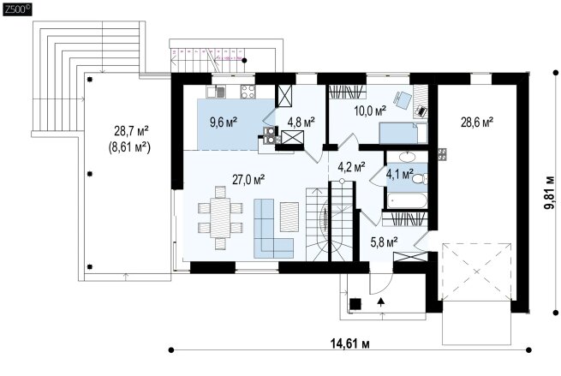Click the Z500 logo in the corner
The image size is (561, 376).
coord(17,9)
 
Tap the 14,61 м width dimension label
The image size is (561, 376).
coord(349,343)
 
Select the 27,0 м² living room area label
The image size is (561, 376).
coord(248,179)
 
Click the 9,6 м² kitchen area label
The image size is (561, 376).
coord(224,122)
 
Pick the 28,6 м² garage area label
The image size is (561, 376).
coord(477,122)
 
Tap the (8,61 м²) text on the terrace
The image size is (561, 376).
coord(129,147)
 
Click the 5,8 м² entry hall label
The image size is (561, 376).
coord(385,243)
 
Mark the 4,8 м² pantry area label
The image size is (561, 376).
coord(301,122)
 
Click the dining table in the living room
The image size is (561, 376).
coord(220,218)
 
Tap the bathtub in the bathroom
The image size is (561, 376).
coord(407,200)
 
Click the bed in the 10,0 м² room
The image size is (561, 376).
coord(403,133)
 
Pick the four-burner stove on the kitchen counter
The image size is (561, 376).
coord(248,92)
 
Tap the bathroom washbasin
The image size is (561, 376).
coord(407,157)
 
